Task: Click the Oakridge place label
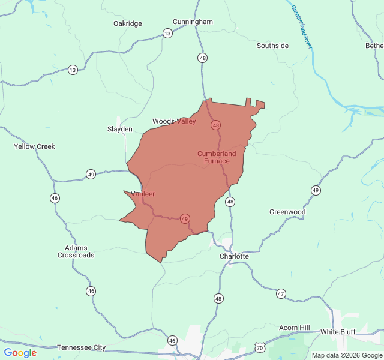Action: (128, 23)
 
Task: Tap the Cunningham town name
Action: (193, 22)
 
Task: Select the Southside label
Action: (272, 46)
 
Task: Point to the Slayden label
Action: (119, 129)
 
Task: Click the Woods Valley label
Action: (174, 121)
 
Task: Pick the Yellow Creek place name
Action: (34, 146)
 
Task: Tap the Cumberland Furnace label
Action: (217, 157)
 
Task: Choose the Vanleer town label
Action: (143, 194)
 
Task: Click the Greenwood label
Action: (287, 212)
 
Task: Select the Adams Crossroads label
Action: (76, 251)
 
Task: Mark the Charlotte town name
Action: (234, 256)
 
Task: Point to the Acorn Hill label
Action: (295, 328)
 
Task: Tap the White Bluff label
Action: (338, 332)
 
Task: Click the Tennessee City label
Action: (82, 347)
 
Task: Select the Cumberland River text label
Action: (302, 27)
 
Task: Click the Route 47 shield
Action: (281, 293)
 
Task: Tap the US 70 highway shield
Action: (259, 347)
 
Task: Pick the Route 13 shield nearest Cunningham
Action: (167, 34)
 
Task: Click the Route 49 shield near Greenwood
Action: (316, 190)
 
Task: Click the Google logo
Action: (20, 353)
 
